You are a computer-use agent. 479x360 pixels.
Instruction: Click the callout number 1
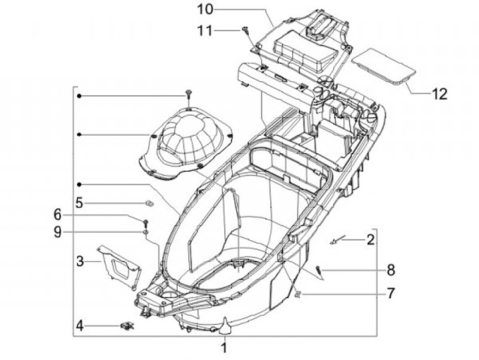[224, 347]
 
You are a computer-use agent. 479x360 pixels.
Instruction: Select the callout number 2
[371, 239]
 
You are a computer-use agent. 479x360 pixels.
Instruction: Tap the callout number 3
[79, 261]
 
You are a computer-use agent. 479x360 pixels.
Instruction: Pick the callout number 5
[79, 202]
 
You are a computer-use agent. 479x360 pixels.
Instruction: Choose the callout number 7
[391, 292]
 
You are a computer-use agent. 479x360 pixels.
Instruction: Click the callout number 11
[204, 30]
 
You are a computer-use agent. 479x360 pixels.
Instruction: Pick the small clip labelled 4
[126, 325]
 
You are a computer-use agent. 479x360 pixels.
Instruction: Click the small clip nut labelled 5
[150, 202]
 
